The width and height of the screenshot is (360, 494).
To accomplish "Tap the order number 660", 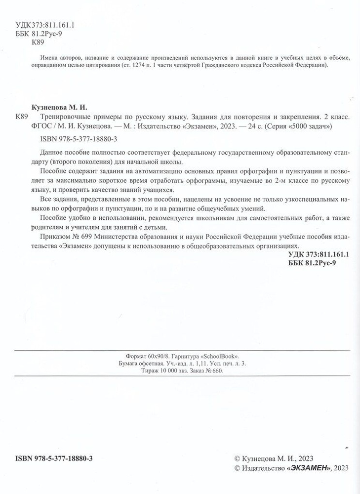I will pyautogui.click(x=216, y=372).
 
